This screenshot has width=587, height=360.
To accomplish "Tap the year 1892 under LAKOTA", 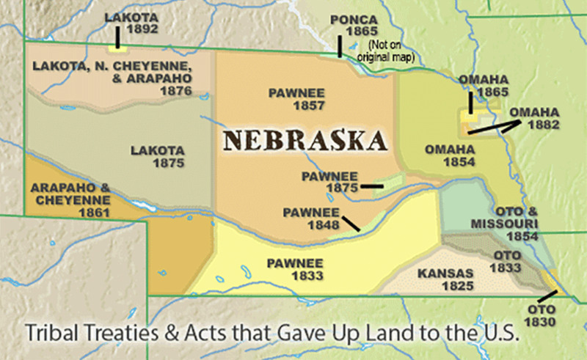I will pos(123,29).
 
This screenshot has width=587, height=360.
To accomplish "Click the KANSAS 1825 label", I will pos(445,279).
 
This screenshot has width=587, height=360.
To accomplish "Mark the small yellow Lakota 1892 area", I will pos(115,48).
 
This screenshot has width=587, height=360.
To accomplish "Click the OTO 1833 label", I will pos(506,261).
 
